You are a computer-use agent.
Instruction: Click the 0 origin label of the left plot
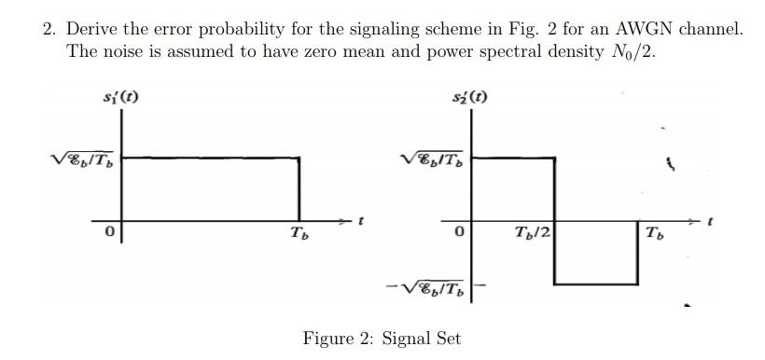click(109, 232)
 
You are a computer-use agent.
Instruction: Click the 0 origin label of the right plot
click(459, 231)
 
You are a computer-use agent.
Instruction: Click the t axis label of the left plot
click(361, 221)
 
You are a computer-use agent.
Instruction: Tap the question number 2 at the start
click(49, 29)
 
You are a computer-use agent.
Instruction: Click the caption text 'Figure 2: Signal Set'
click(382, 338)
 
